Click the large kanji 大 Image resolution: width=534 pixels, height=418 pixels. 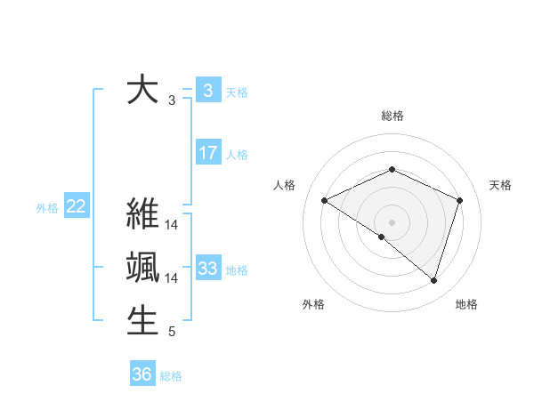pyautogui.click(x=142, y=91)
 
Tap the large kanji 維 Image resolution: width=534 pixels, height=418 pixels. pyautogui.click(x=142, y=216)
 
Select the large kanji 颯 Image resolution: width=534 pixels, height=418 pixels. pyautogui.click(x=142, y=268)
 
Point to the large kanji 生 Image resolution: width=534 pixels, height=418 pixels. pyautogui.click(x=142, y=320)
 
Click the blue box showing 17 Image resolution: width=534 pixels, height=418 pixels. pyautogui.click(x=208, y=153)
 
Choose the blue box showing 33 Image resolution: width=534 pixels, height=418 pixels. pyautogui.click(x=208, y=269)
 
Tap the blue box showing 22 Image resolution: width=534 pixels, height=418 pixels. pyautogui.click(x=77, y=207)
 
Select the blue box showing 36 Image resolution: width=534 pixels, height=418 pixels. pyautogui.click(x=142, y=374)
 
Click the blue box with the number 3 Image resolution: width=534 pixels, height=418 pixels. pyautogui.click(x=208, y=90)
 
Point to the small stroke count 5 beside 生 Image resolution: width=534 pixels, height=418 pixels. pyautogui.click(x=172, y=333)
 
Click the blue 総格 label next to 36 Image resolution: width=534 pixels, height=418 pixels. pyautogui.click(x=172, y=376)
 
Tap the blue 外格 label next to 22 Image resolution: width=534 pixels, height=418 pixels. pyautogui.click(x=47, y=208)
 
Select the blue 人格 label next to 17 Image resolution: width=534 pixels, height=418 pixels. pyautogui.click(x=237, y=155)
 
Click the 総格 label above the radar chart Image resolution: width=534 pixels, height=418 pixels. pyautogui.click(x=392, y=116)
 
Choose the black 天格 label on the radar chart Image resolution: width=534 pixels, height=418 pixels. pyautogui.click(x=500, y=185)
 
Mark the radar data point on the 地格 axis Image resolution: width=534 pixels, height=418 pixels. pyautogui.click(x=434, y=280)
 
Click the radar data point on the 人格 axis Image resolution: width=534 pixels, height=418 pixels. pyautogui.click(x=325, y=200)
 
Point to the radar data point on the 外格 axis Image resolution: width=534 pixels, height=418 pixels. pyautogui.click(x=382, y=237)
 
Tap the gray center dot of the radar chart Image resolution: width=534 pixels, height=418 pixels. pyautogui.click(x=392, y=221)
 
